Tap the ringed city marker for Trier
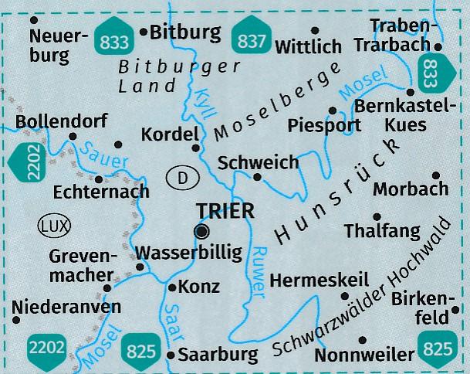pos(202,231)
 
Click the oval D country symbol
pos(182,178)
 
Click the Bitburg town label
pos(186,32)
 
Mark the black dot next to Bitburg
pos(144,32)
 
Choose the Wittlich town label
pos(308,46)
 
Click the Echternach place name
pos(101,190)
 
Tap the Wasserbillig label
pos(188,252)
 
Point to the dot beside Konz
pos(171,287)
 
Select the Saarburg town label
pos(218,355)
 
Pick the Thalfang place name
pos(383,230)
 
